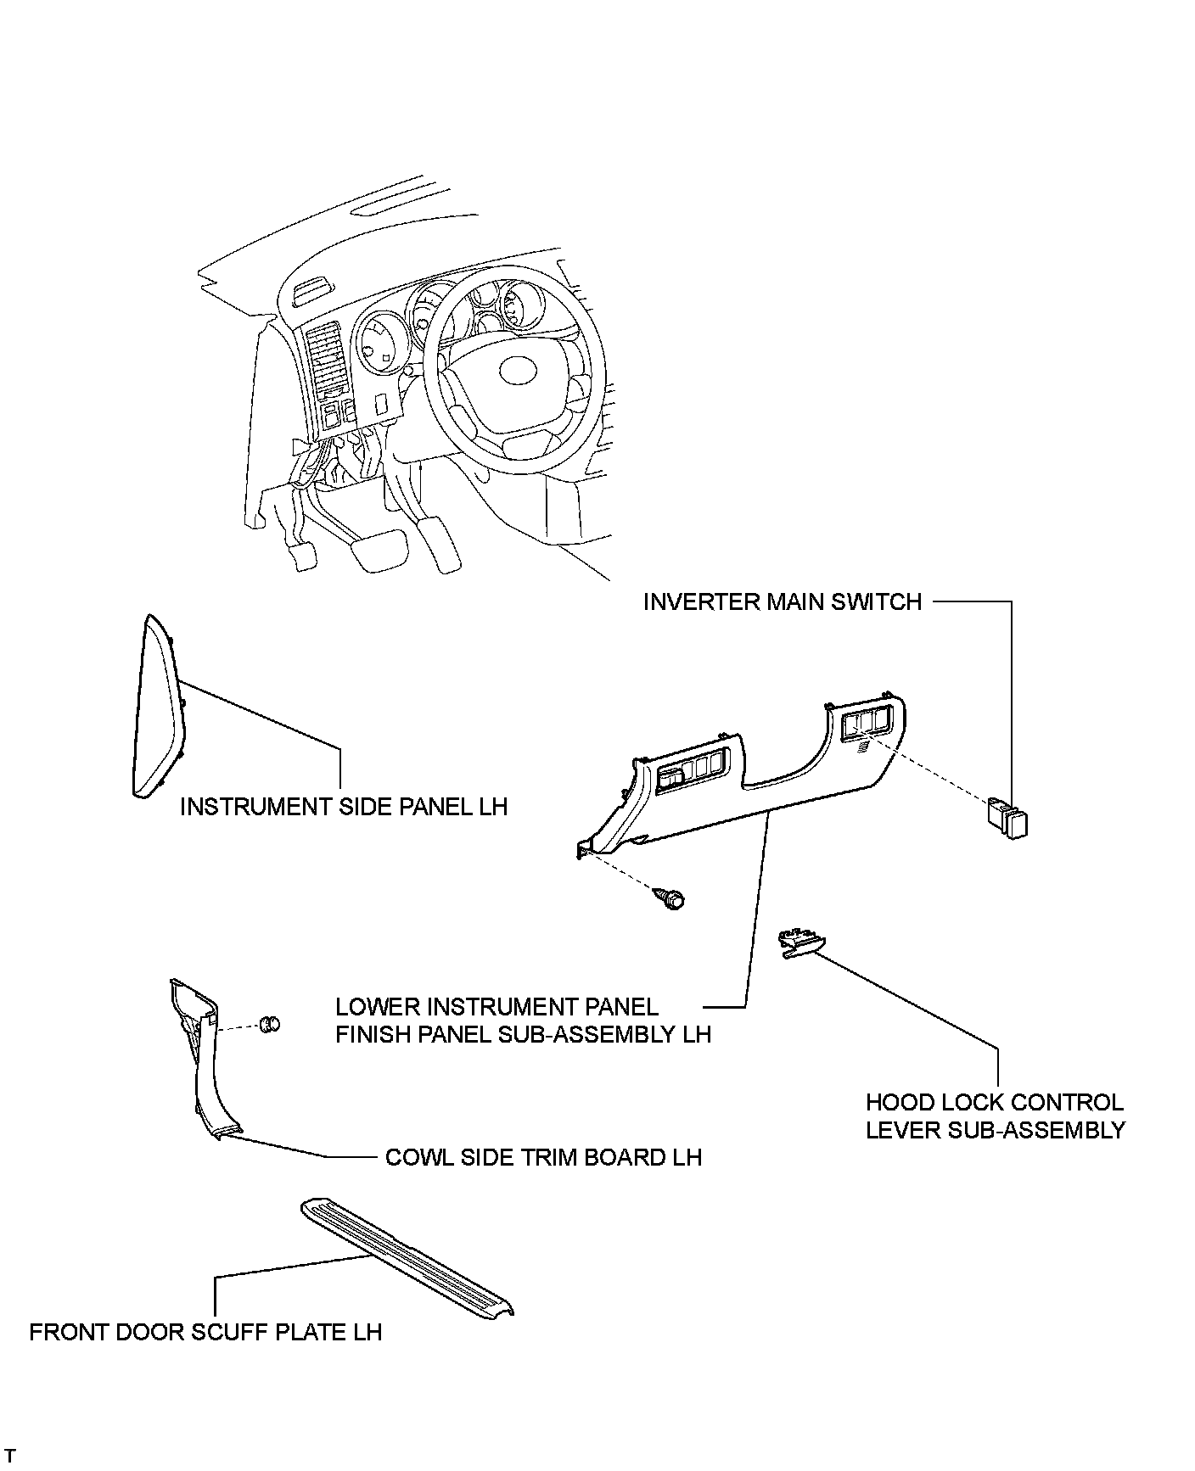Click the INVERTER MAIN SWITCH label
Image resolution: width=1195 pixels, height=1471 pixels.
782,602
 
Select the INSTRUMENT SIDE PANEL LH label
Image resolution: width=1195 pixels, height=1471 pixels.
344,806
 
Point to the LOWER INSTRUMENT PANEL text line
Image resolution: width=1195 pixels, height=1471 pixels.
497,1007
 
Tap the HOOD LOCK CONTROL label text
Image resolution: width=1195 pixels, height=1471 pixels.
994,1103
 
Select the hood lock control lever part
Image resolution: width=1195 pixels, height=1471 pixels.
801,942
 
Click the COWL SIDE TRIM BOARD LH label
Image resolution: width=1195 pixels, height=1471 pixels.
543,1157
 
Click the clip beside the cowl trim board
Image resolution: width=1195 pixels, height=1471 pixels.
270,1024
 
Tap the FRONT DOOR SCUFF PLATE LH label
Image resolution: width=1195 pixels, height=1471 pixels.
205,1332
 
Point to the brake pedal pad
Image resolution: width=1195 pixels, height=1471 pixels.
379,546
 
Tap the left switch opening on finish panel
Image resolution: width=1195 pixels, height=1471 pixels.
693,770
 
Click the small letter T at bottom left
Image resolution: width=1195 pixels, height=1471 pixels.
9,1456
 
